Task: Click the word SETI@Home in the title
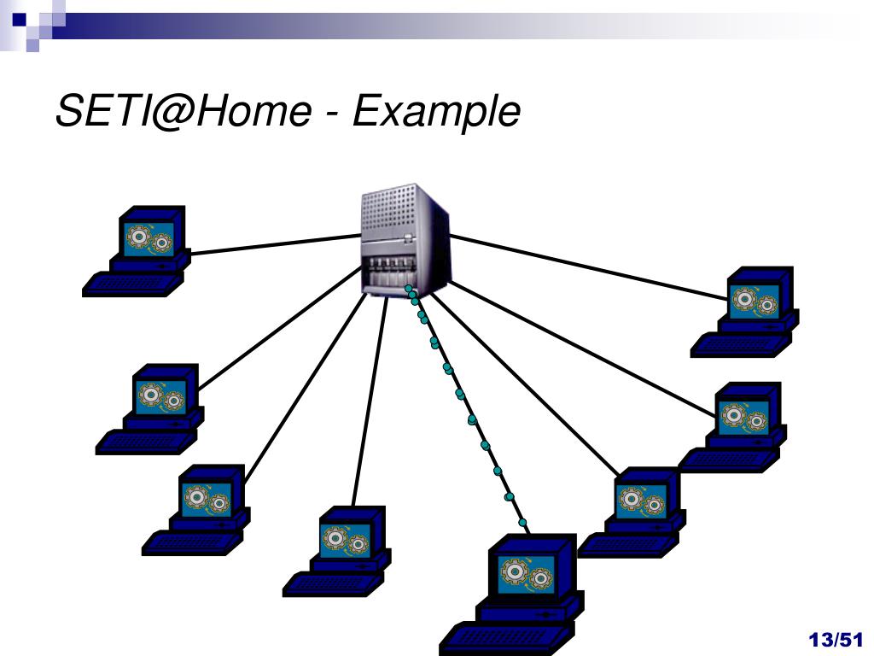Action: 184,111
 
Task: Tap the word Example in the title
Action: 435,111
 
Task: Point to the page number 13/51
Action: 836,640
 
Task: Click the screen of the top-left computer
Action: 149,239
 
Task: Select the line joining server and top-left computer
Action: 273,244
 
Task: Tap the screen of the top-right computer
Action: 756,301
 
